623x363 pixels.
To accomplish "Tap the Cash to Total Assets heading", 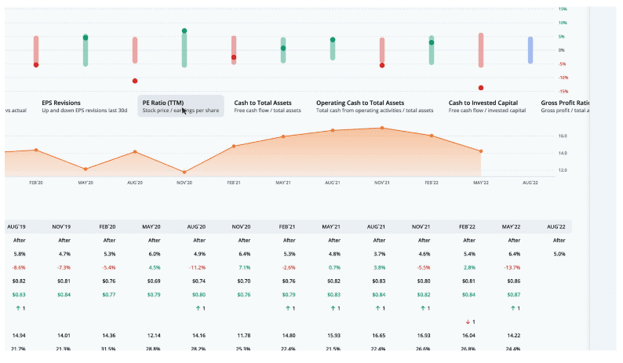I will tap(264, 102).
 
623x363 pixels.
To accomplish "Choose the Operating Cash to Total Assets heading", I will tap(359, 102).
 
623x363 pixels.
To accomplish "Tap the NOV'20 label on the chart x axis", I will tap(184, 182).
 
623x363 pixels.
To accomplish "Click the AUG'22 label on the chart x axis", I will tap(530, 182).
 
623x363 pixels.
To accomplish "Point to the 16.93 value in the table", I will tap(424, 336).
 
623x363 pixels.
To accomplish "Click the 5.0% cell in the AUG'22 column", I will tap(558, 254).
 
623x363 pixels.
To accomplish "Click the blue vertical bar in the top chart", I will tap(530, 49).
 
